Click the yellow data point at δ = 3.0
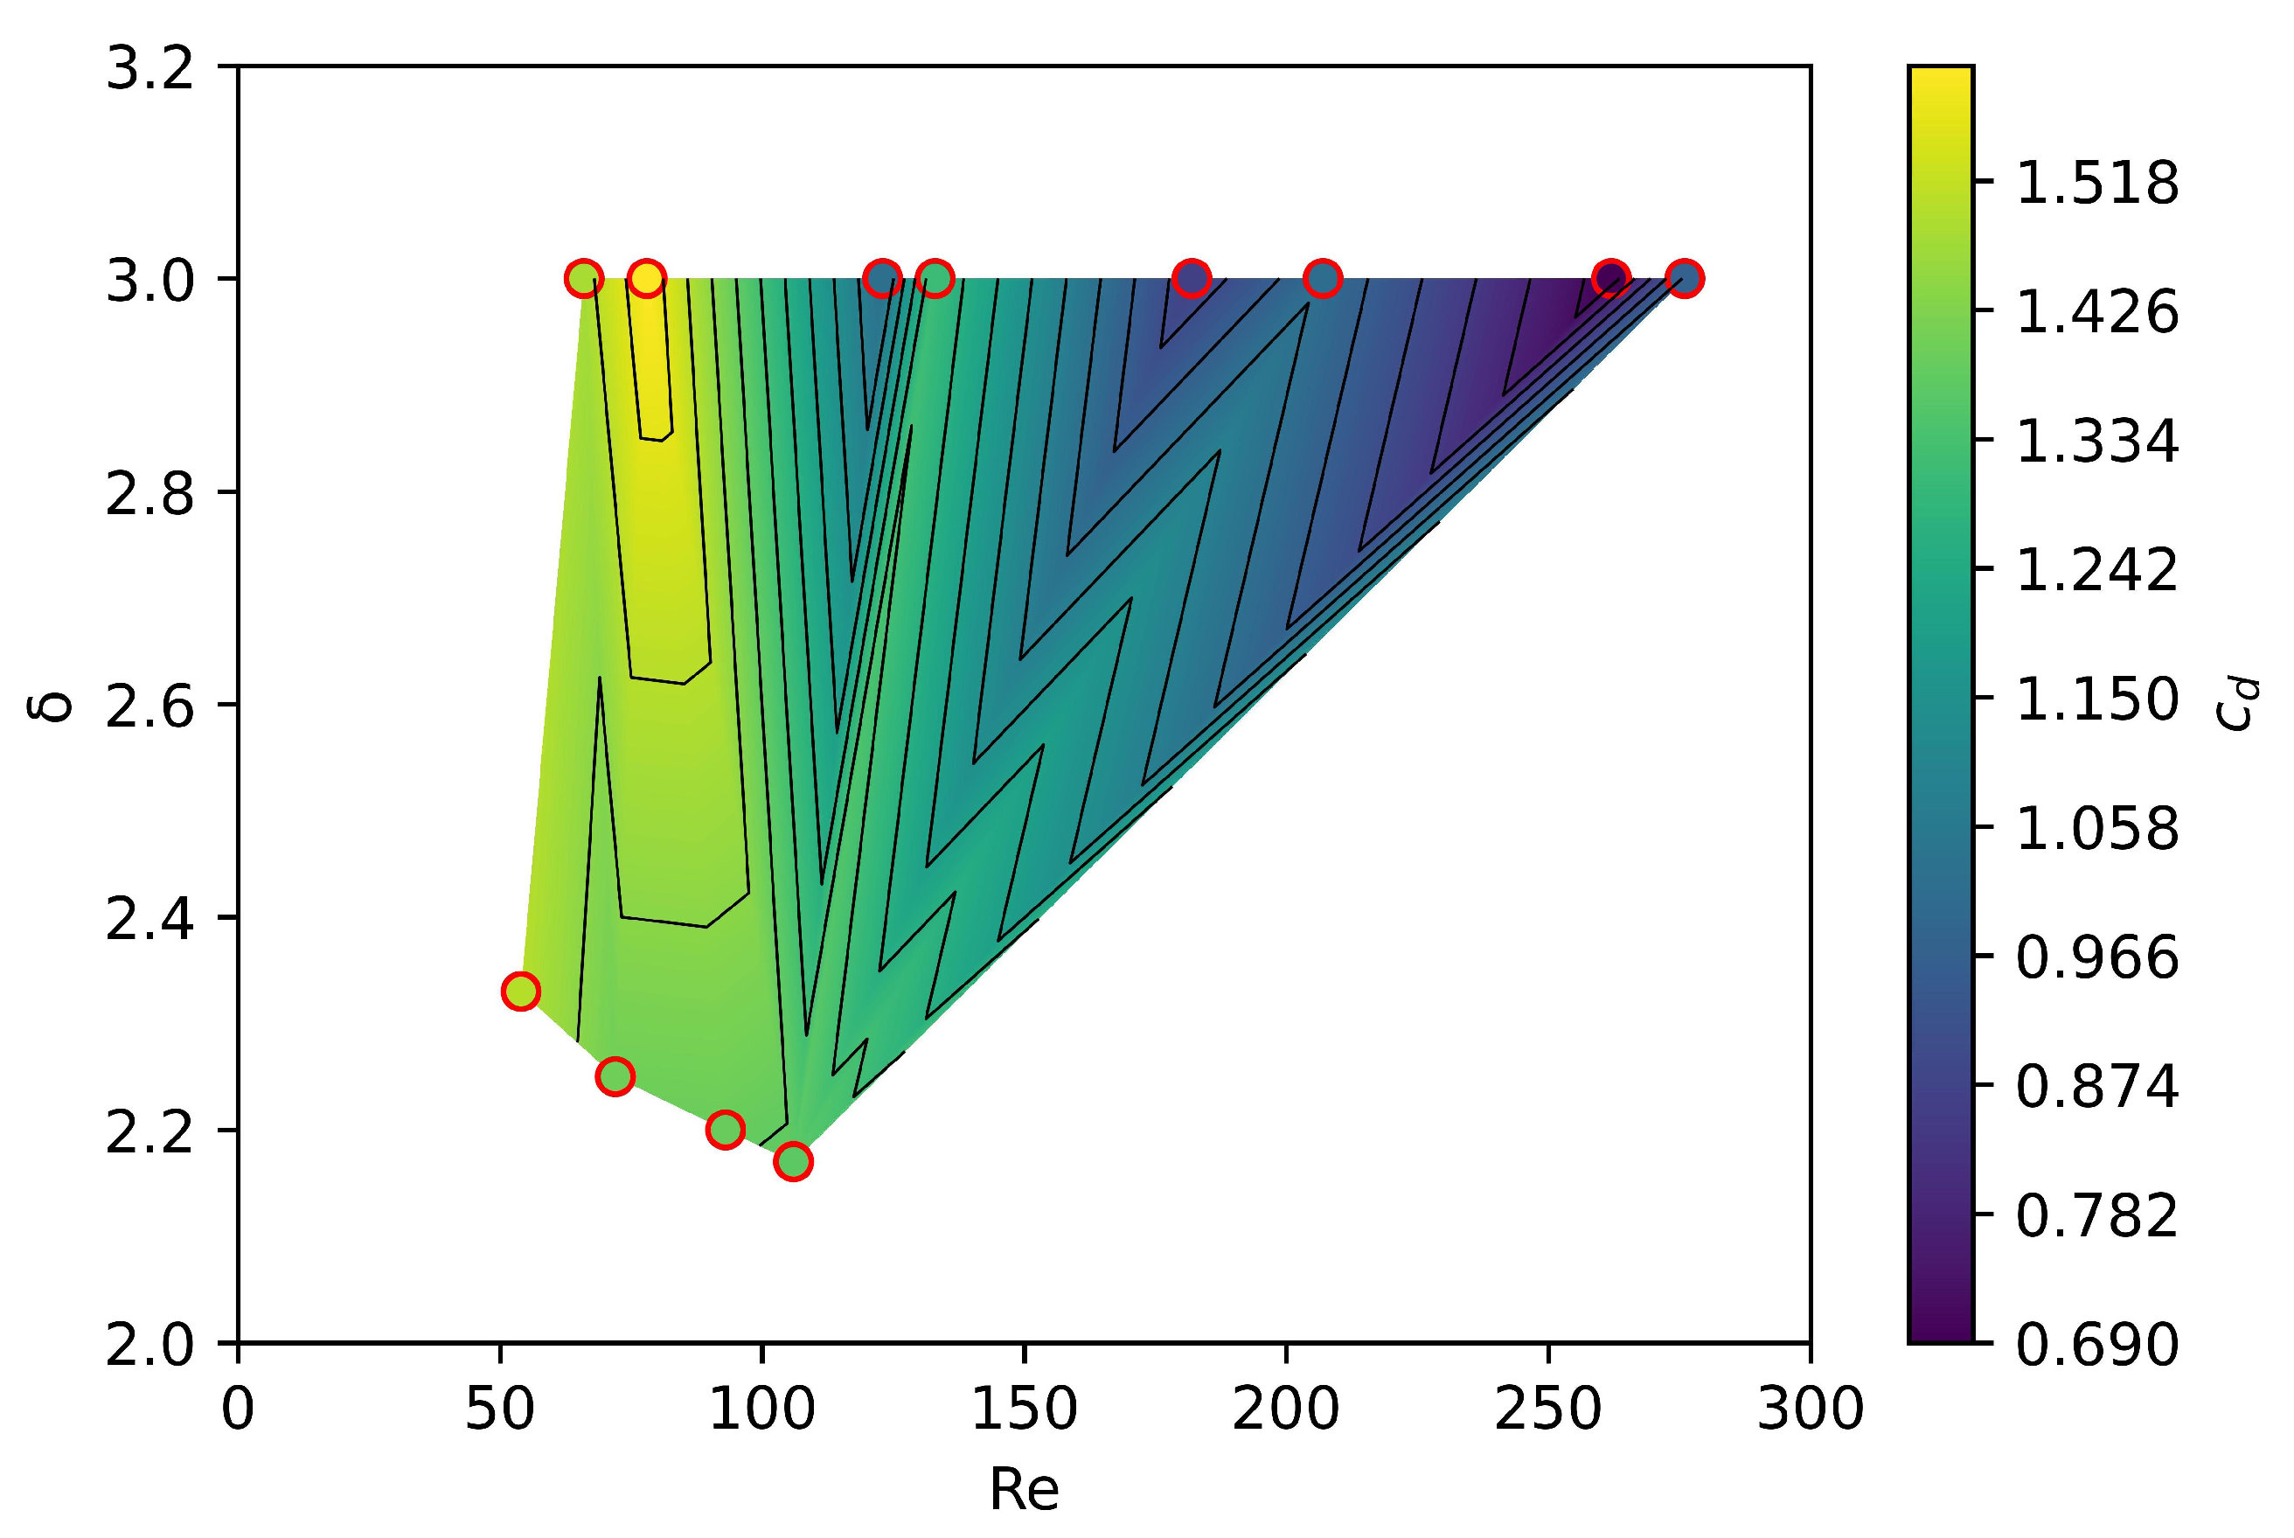645,279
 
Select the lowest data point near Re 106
792,1161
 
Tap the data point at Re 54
521,991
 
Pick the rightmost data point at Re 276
1684,279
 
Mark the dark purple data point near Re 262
1610,279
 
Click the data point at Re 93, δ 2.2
725,1129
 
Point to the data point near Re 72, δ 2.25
615,1076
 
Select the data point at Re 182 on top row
1192,279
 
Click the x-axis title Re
1024,1489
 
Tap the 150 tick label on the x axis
1024,1410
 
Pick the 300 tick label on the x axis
1811,1410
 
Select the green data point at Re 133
935,279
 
